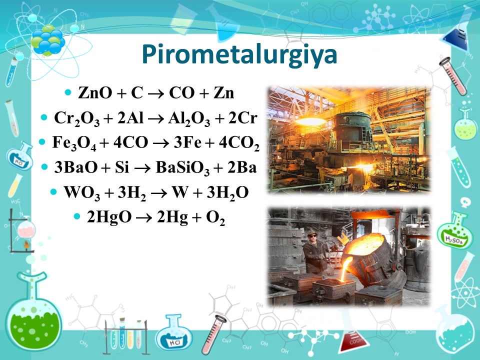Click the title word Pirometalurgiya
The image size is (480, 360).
pos(239,55)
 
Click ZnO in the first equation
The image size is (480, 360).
pos(95,92)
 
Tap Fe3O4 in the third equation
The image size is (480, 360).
pos(74,143)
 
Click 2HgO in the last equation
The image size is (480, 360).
pos(109,217)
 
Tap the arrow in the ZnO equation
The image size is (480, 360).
pos(156,93)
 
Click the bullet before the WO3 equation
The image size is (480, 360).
pos(53,192)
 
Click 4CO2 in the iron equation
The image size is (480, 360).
pos(239,143)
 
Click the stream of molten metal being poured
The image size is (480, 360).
pos(346,269)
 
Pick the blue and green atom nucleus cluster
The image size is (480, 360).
pos(47,40)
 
